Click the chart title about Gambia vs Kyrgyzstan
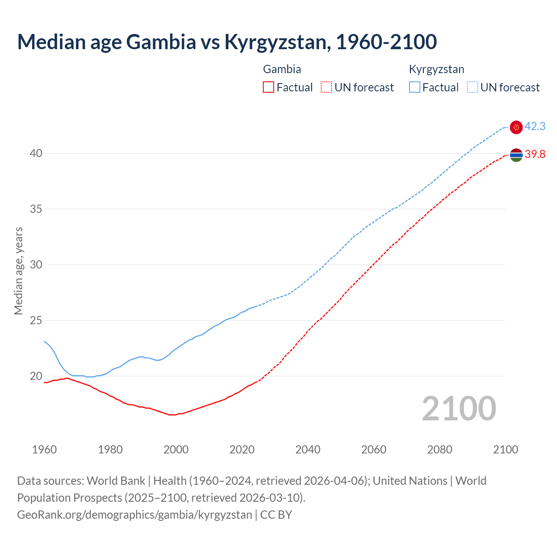(227, 42)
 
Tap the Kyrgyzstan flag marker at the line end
(516, 127)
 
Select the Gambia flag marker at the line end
(516, 155)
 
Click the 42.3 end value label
(535, 127)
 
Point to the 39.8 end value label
(535, 154)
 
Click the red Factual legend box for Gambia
(268, 87)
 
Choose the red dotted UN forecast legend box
(326, 87)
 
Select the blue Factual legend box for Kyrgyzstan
(415, 87)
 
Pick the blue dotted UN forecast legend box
(473, 87)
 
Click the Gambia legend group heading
(282, 69)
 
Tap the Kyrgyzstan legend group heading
(436, 69)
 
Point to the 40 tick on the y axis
(36, 153)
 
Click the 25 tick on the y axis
(36, 320)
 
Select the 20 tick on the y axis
(36, 376)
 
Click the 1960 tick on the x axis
(44, 450)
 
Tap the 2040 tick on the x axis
(308, 450)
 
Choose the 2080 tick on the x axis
(440, 450)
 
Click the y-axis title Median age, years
(18, 271)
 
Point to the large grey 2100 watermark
(459, 408)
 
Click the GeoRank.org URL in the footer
(134, 515)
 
